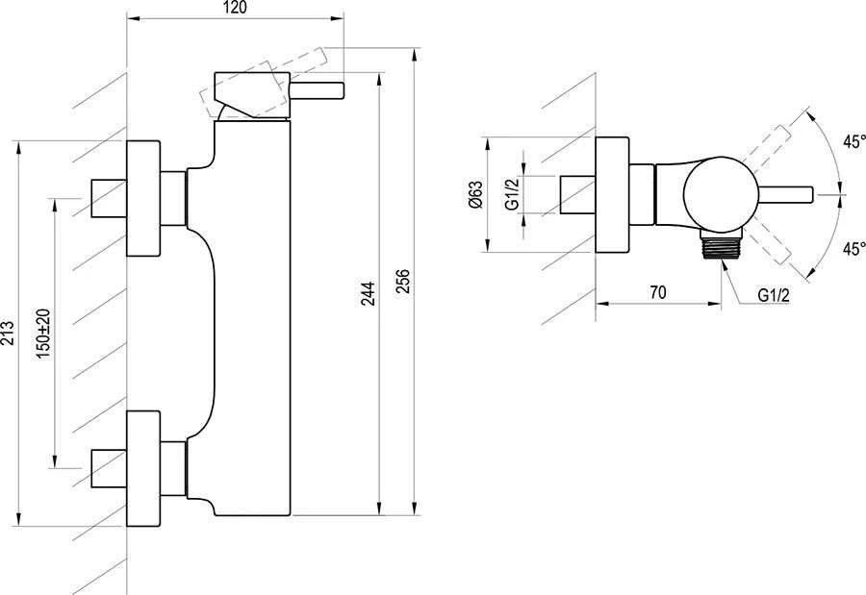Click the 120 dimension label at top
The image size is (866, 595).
(236, 8)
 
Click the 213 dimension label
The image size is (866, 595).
(7, 333)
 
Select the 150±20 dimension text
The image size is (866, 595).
(43, 334)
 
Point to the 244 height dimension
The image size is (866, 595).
(368, 293)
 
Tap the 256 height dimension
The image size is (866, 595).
(404, 281)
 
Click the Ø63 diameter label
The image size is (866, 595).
(475, 194)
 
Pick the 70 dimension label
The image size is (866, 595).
(658, 292)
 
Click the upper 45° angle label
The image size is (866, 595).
(853, 142)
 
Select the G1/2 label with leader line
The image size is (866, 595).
(774, 295)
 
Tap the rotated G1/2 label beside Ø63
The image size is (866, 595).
(512, 194)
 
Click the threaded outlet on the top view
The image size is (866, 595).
(723, 245)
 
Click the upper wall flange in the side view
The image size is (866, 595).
(143, 198)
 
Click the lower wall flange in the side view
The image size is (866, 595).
(143, 468)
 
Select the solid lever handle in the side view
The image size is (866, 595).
(317, 91)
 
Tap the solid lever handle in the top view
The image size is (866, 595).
(785, 195)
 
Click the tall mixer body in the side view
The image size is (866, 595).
(252, 318)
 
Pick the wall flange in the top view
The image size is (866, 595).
(612, 194)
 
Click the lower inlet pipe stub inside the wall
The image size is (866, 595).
(109, 468)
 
